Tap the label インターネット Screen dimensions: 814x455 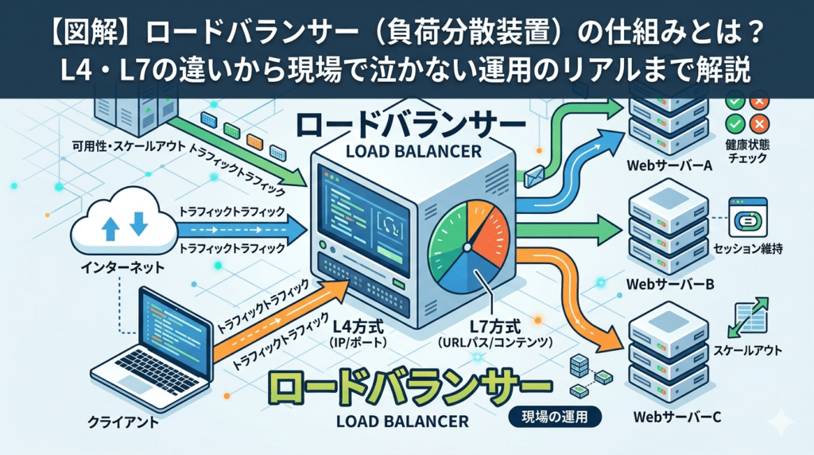(122, 268)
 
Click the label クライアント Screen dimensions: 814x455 (123, 422)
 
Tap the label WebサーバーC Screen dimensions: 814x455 (677, 417)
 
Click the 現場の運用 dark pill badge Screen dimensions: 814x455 (555, 417)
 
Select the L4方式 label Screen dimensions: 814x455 (359, 327)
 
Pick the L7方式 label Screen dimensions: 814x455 (495, 327)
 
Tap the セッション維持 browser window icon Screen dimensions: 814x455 (748, 218)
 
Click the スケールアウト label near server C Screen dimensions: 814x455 (747, 351)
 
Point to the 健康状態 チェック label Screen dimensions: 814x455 (747, 151)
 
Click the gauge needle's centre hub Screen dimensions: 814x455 (467, 247)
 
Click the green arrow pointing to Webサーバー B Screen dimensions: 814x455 (569, 230)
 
